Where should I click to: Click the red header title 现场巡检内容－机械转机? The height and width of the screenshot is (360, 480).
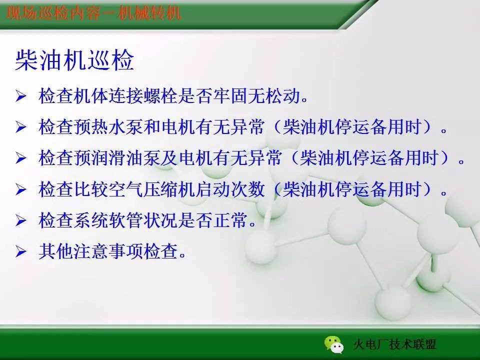(94, 13)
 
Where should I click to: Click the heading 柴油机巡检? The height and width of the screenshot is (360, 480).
(74, 60)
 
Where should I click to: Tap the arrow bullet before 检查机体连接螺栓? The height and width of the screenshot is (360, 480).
(21, 96)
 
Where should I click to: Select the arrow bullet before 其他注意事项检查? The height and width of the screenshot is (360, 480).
(21, 251)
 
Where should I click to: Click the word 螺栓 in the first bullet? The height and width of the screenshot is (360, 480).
(160, 96)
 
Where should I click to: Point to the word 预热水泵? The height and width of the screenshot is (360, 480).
(108, 127)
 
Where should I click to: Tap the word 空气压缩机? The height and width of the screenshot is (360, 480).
(152, 189)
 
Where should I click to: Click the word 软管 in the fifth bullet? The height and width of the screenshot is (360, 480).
(126, 220)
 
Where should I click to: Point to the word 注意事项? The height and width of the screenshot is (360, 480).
(108, 251)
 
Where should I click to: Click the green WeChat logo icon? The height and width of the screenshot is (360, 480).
(334, 344)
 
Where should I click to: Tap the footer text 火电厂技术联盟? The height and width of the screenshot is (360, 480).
(395, 344)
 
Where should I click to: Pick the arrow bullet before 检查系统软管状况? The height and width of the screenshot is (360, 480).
(21, 220)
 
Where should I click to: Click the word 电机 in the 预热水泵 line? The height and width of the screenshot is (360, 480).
(178, 127)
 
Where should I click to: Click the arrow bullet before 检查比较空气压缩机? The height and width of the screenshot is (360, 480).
(21, 189)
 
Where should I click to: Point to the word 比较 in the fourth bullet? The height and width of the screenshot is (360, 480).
(91, 189)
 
